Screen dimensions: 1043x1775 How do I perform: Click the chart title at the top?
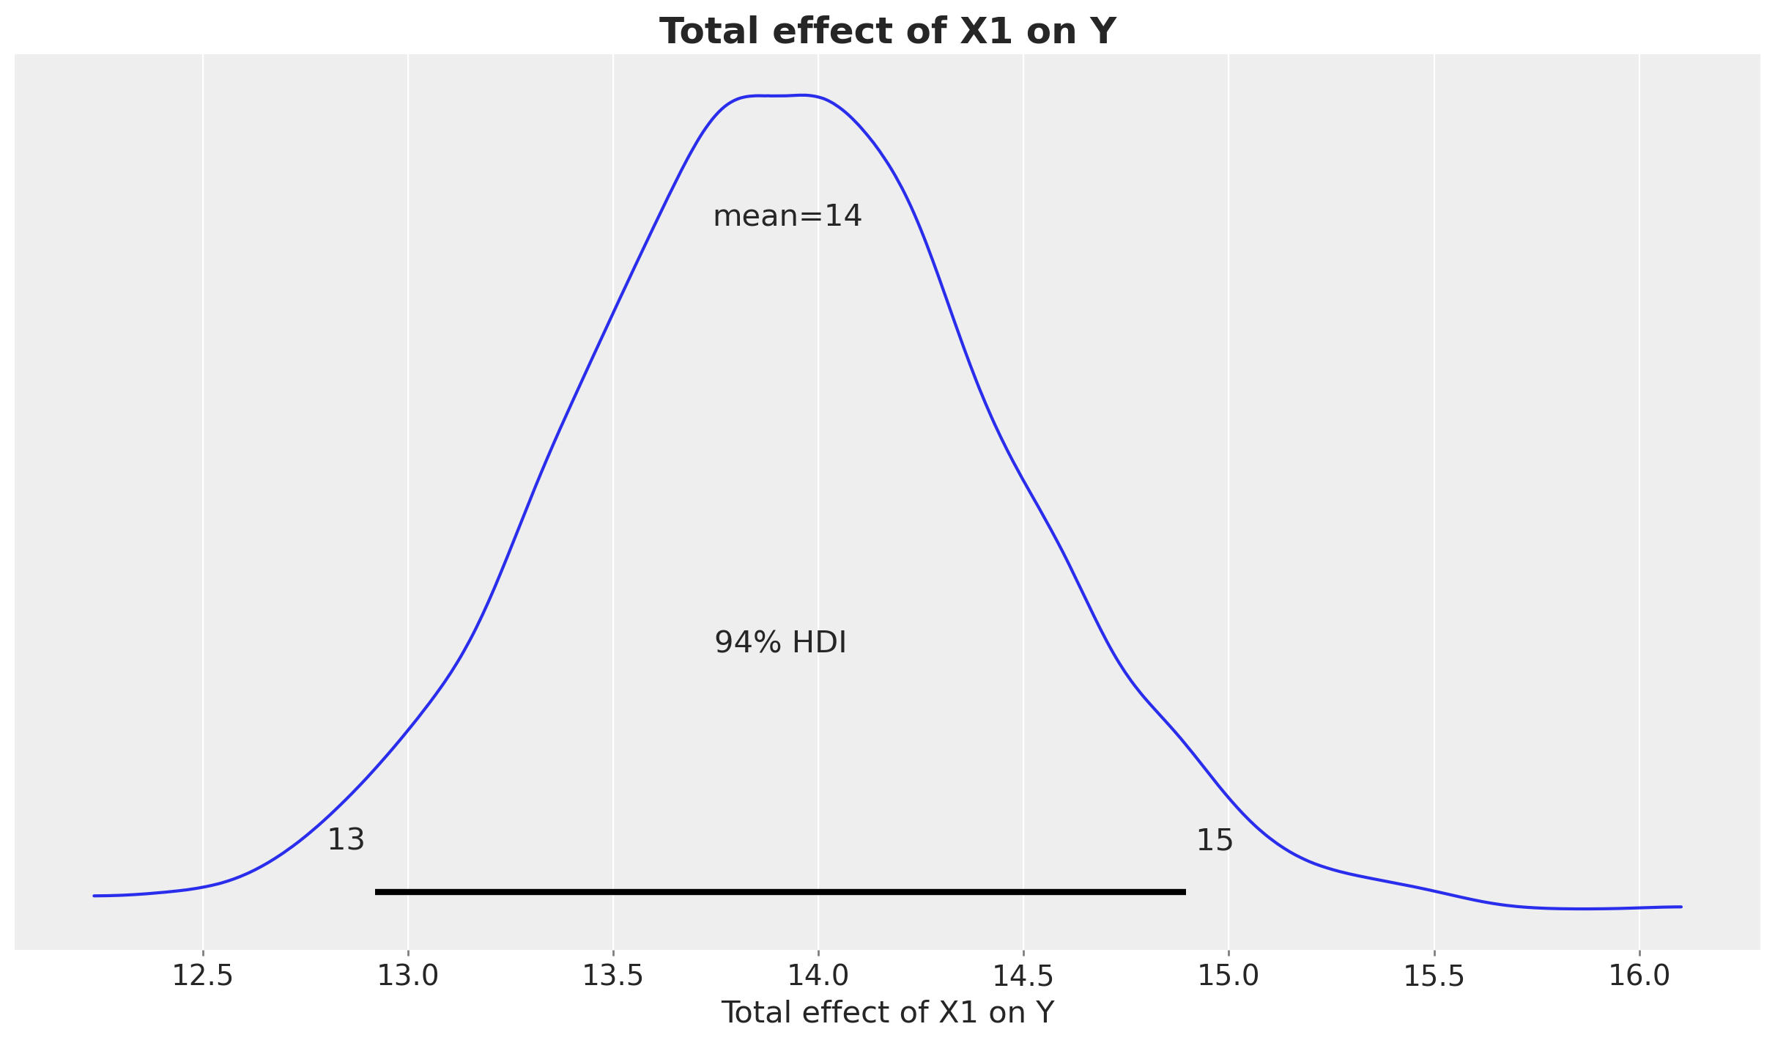887,32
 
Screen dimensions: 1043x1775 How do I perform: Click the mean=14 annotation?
787,216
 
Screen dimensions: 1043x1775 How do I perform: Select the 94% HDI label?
780,643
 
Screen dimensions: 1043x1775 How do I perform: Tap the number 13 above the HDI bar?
346,840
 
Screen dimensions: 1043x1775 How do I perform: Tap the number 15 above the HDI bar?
1215,840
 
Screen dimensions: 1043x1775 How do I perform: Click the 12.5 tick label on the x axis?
203,976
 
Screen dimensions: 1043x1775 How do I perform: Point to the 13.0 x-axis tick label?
408,976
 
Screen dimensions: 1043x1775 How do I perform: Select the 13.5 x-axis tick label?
613,976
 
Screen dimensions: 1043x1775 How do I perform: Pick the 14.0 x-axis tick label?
818,976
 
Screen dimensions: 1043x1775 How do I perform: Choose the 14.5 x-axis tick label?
1023,976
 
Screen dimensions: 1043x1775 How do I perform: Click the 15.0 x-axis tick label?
1229,976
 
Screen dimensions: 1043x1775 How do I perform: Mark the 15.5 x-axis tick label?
1434,976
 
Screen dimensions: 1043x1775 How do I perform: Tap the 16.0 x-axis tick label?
1639,976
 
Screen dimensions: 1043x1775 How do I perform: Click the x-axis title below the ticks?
887,1012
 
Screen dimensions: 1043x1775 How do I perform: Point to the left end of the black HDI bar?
377,892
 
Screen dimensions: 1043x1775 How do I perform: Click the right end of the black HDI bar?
1184,892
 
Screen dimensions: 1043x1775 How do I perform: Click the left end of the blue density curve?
95,896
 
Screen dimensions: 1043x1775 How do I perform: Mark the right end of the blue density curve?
1680,907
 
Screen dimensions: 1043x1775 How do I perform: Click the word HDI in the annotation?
819,643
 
